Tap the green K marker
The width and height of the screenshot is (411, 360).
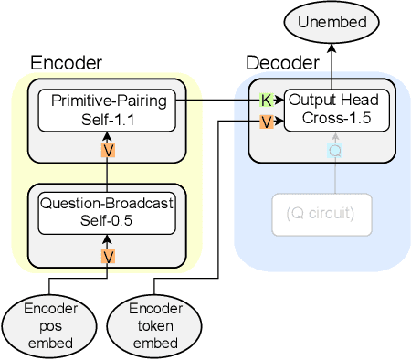tap(267, 100)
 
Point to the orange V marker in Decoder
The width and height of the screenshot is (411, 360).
tap(267, 122)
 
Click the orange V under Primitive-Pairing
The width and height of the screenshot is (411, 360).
tap(109, 150)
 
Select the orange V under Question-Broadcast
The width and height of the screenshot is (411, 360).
tap(109, 256)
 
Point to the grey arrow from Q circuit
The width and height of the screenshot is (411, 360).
tap(334, 174)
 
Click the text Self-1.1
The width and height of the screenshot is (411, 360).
tap(109, 117)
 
